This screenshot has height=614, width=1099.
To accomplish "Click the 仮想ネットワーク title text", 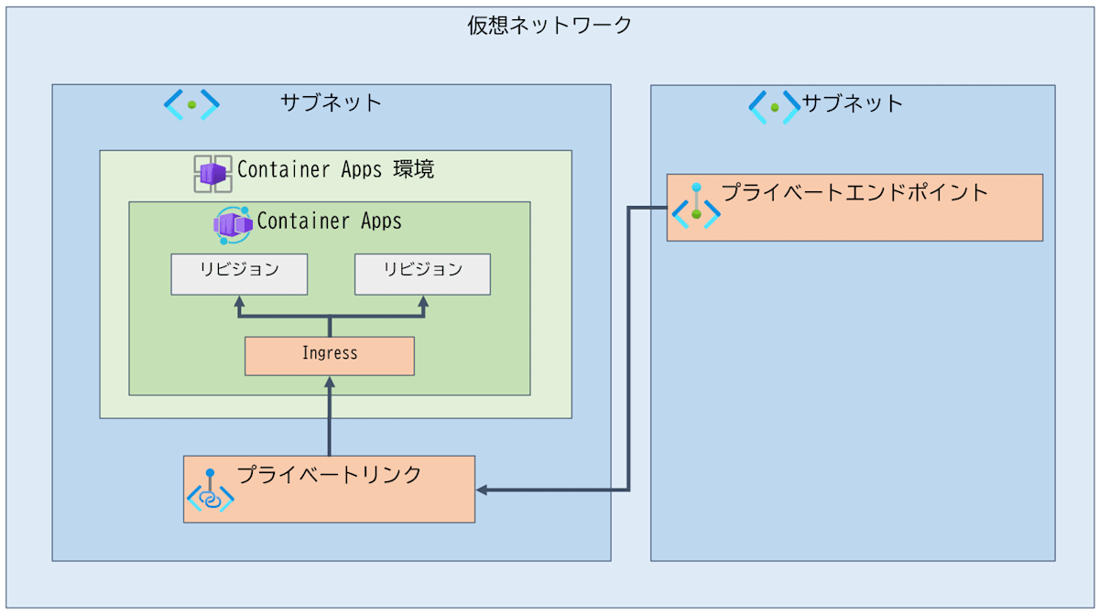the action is (549, 25).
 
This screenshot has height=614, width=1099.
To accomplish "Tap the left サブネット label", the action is (332, 102).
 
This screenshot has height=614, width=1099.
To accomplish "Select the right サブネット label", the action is (853, 104).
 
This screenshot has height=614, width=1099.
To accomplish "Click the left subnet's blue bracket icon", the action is (191, 104).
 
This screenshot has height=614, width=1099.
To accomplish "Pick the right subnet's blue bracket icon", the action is (774, 107).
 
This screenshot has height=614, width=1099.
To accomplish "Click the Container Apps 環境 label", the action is (335, 169).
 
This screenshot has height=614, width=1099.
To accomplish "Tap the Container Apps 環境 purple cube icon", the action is (212, 174).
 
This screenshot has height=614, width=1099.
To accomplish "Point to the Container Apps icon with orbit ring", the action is (233, 225).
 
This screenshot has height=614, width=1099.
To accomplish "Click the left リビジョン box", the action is (239, 275).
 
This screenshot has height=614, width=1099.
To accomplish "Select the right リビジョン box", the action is (422, 275).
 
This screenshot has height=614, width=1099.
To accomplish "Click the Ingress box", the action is (330, 356).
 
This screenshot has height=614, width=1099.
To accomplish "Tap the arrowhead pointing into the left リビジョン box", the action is (239, 301).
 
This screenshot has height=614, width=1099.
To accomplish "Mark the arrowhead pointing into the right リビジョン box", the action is (423, 301).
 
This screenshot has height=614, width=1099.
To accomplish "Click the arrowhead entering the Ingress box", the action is (330, 382).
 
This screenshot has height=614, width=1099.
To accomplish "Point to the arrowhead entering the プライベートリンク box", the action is (482, 490).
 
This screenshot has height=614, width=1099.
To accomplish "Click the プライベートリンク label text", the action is (329, 475).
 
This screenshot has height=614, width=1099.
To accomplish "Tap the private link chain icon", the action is (211, 490).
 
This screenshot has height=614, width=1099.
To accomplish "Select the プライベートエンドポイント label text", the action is (854, 192).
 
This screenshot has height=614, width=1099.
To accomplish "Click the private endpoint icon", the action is (696, 206).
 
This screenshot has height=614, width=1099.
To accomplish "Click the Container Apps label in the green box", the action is (329, 221).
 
